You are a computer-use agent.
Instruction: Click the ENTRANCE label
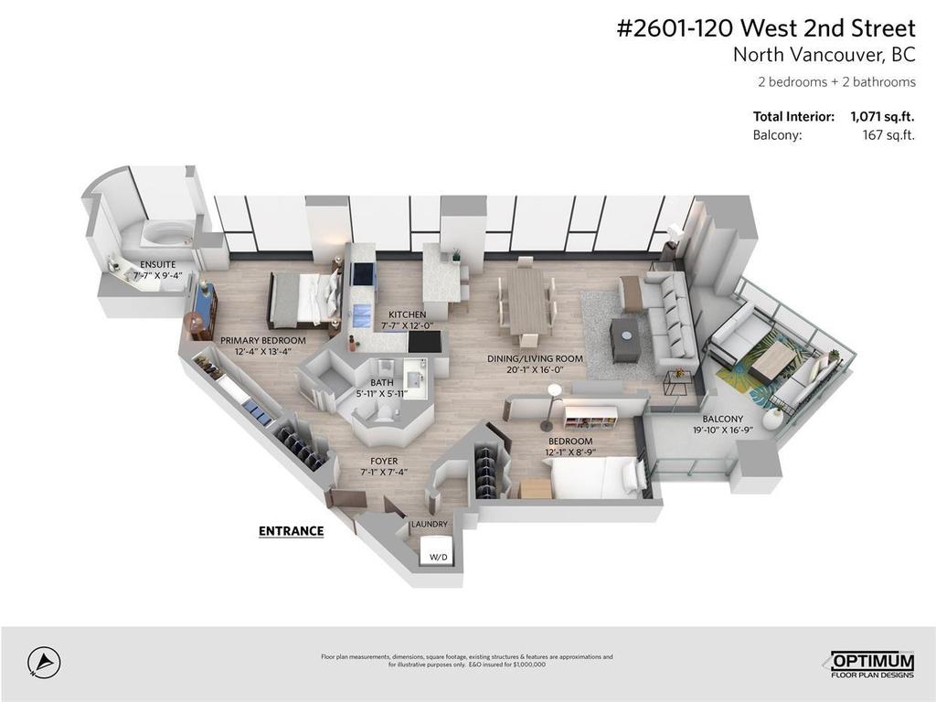click(x=291, y=530)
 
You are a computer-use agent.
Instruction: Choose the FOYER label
click(x=383, y=461)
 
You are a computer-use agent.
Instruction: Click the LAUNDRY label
click(x=430, y=524)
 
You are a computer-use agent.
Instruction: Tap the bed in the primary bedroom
click(x=302, y=299)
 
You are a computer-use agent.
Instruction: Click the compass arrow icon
click(x=43, y=662)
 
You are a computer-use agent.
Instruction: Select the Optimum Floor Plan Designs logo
click(x=870, y=665)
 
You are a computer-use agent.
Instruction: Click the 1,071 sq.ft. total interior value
click(x=882, y=117)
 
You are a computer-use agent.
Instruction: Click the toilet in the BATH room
click(x=381, y=414)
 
